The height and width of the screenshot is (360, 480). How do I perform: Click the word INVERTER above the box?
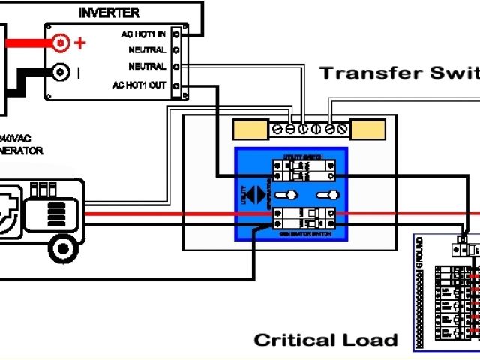click(x=109, y=13)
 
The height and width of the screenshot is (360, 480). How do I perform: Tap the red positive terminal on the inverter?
click(x=60, y=43)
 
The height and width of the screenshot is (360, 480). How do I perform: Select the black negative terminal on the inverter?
click(x=60, y=73)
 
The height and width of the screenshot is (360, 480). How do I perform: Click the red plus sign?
click(x=80, y=43)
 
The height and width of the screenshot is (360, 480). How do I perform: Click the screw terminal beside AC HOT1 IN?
click(x=175, y=34)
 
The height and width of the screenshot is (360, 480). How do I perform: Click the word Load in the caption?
click(x=372, y=340)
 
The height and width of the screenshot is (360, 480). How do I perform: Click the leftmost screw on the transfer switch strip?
click(x=277, y=130)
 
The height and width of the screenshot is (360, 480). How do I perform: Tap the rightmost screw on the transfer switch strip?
click(x=343, y=130)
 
